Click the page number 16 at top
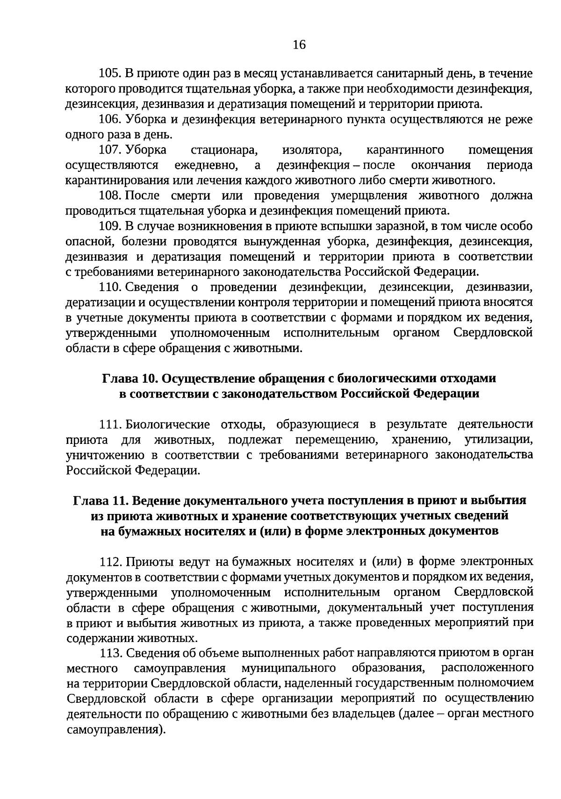point(299,45)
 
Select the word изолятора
point(312,150)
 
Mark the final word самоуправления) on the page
point(116,729)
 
